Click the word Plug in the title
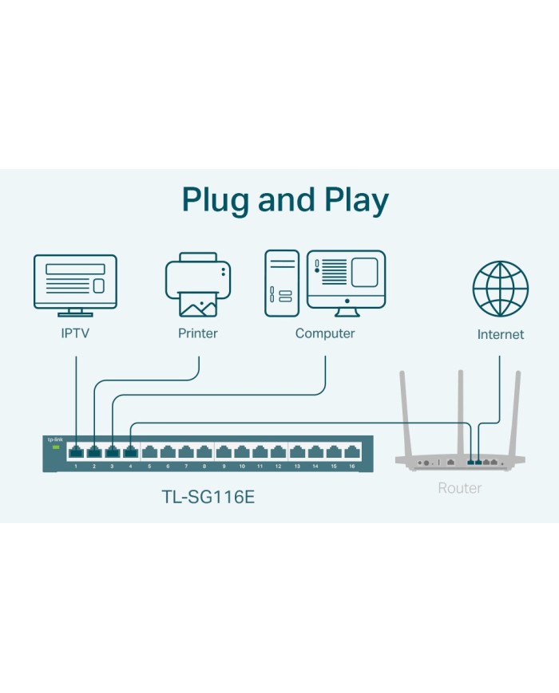click(x=215, y=199)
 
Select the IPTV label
click(x=75, y=333)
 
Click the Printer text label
click(x=197, y=333)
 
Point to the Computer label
click(x=325, y=333)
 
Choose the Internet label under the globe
click(x=501, y=334)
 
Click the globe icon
click(x=501, y=288)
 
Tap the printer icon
click(x=198, y=284)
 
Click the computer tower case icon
click(x=281, y=283)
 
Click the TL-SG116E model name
click(x=208, y=498)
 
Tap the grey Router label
click(x=460, y=487)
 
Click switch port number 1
click(x=76, y=452)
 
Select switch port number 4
click(x=131, y=452)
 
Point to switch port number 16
click(x=351, y=452)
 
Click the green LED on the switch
click(x=56, y=447)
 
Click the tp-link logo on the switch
click(x=55, y=439)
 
